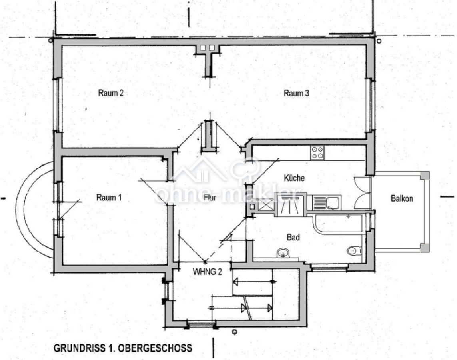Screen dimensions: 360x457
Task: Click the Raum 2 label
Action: click(110, 93)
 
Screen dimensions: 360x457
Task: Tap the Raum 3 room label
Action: click(296, 93)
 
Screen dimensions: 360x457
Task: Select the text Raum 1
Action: click(109, 198)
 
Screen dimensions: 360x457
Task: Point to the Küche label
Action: click(294, 178)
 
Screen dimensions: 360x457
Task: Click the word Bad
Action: click(293, 237)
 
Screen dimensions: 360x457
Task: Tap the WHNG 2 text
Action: click(208, 271)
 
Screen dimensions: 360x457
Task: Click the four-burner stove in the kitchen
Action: click(318, 152)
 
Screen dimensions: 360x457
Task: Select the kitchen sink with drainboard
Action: click(327, 202)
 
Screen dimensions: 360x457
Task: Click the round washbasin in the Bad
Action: click(283, 253)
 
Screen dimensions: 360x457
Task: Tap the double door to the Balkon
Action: click(363, 193)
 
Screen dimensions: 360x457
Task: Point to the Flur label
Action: click(210, 197)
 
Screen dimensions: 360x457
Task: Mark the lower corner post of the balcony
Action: click(424, 248)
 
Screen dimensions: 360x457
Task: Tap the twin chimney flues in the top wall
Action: click(207, 48)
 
